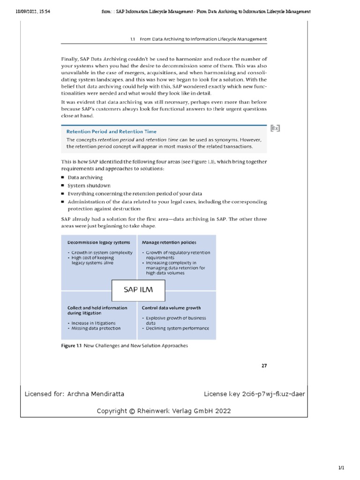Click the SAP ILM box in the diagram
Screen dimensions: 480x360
coord(138,290)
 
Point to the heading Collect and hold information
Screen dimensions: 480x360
coord(97,308)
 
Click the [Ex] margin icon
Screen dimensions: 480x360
coord(275,127)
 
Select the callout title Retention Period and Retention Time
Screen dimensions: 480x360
coord(111,132)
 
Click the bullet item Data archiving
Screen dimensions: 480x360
coord(85,178)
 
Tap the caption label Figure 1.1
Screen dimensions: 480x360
coord(71,346)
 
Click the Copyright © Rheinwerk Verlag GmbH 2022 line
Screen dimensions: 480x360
coord(164,411)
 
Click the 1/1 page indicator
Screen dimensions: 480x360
coord(341,468)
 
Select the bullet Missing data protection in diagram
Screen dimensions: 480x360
coord(96,328)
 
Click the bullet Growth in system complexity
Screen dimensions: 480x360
coord(101,253)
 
